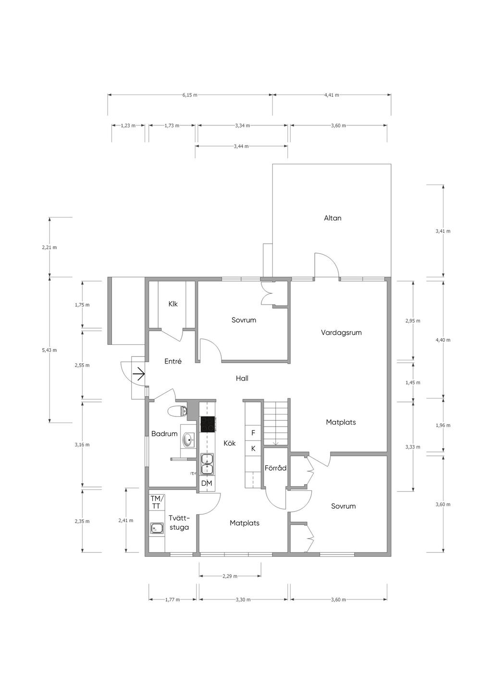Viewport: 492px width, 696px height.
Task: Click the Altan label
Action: click(332, 218)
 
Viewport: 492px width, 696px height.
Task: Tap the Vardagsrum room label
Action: click(341, 332)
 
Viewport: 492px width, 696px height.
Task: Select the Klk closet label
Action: click(173, 304)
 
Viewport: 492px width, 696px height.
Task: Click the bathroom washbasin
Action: click(188, 440)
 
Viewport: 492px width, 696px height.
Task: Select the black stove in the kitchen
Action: click(208, 424)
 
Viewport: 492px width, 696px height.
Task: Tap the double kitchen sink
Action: click(207, 464)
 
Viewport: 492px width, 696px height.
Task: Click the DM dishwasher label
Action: click(207, 483)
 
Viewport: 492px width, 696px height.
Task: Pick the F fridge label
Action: click(253, 432)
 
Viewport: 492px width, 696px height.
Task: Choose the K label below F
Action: click(253, 448)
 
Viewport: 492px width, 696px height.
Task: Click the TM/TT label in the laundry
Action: click(156, 502)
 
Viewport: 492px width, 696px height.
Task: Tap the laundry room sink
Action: click(157, 527)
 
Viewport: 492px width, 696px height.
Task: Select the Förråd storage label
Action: click(276, 468)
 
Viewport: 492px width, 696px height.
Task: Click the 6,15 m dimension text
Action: click(190, 95)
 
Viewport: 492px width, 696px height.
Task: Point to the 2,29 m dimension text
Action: click(230, 576)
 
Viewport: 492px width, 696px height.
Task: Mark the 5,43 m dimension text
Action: click(49, 350)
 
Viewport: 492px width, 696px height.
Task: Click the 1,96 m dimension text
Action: click(443, 426)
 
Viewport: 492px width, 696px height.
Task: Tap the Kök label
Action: click(230, 443)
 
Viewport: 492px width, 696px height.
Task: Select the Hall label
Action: click(242, 379)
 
